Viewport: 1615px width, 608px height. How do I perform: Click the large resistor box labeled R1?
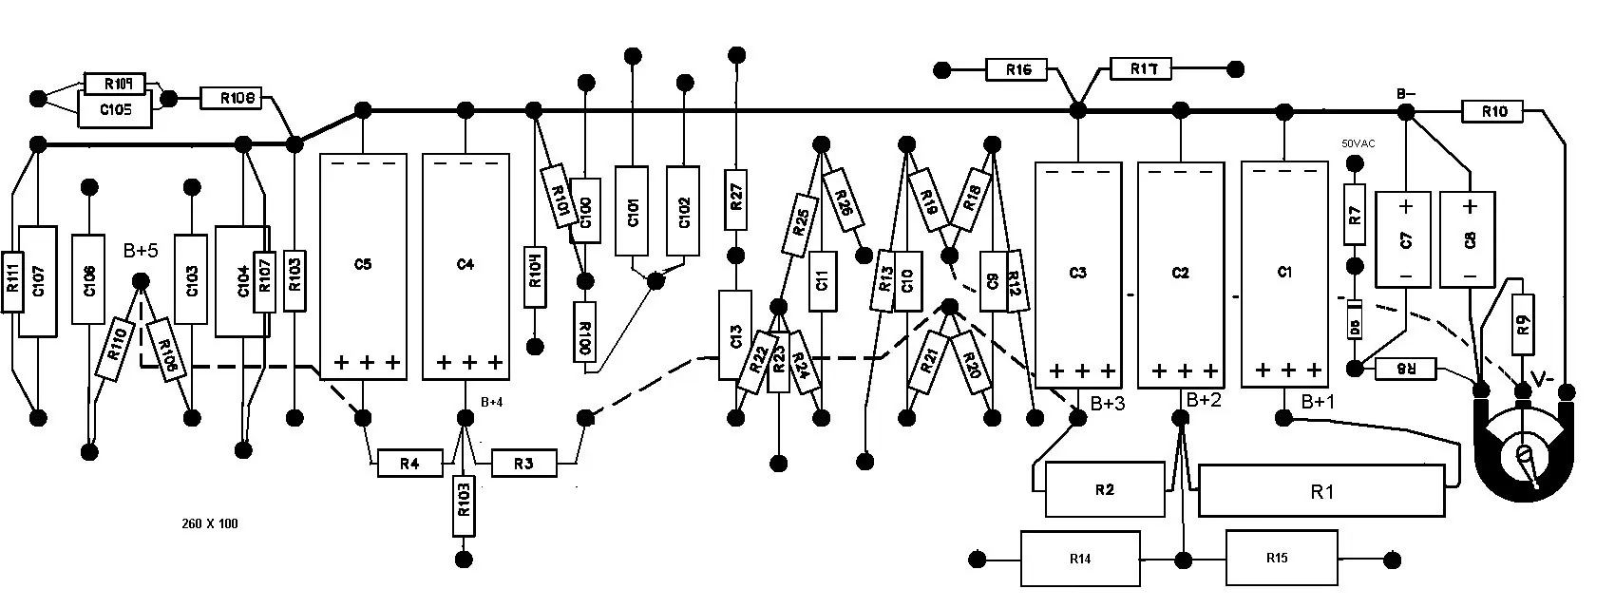[1321, 491]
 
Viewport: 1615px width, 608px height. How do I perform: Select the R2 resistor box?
[1104, 490]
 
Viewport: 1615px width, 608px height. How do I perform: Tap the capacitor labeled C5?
[363, 266]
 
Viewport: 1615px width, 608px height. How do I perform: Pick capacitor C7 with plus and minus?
[1407, 238]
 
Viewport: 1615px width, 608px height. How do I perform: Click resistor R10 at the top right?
[1494, 112]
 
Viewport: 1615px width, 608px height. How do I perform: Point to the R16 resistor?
[1016, 69]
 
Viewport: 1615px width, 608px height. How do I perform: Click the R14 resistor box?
[1080, 559]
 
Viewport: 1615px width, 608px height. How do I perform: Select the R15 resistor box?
[1277, 559]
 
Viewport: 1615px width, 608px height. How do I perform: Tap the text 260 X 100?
[209, 523]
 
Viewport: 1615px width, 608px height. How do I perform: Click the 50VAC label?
[1358, 143]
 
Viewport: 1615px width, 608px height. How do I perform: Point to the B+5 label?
[141, 252]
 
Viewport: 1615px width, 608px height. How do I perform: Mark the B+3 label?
[1108, 404]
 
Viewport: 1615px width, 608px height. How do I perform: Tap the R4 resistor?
[409, 465]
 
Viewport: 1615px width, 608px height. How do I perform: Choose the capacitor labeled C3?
[1077, 275]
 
